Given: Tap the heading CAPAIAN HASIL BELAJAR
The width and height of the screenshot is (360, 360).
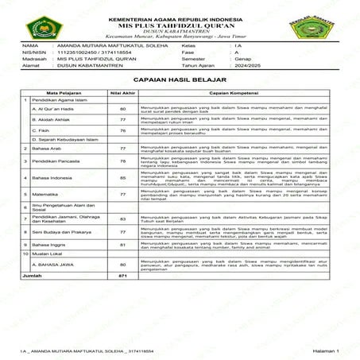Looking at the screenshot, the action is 179,81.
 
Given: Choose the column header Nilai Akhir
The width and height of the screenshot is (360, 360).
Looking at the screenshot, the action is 122,93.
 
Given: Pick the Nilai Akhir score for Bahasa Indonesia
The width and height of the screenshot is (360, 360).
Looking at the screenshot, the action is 122,178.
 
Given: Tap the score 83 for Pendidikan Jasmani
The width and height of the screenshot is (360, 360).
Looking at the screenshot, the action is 122,218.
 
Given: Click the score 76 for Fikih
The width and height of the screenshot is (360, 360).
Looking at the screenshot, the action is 122,130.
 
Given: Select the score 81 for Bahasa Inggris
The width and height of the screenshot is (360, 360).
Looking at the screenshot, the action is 122,245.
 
